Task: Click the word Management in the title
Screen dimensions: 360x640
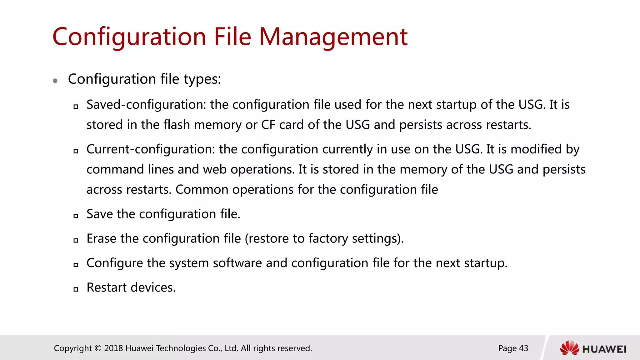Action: [333, 37]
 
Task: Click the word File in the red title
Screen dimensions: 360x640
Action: [232, 37]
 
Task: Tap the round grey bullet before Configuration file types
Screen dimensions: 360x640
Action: [55, 81]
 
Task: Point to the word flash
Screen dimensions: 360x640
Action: [177, 125]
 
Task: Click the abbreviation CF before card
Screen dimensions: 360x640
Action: [268, 125]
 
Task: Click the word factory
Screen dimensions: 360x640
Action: [328, 238]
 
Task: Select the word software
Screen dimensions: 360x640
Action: [237, 263]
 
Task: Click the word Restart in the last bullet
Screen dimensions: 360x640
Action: [107, 287]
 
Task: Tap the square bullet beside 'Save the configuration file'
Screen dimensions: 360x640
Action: [76, 216]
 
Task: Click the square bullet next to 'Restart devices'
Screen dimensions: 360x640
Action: [76, 289]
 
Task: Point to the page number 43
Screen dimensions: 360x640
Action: [523, 348]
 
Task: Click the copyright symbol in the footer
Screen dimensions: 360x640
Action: [98, 348]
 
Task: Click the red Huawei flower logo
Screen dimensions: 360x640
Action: [569, 348]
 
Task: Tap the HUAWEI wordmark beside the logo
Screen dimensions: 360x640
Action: [604, 349]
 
